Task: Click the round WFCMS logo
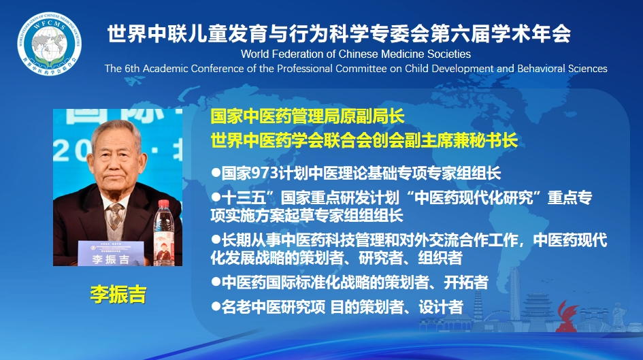[x=49, y=44]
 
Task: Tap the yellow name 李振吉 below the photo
[x=118, y=295]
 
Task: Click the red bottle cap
[x=163, y=203]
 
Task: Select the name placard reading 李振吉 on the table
[x=111, y=253]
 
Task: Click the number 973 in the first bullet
[x=265, y=173]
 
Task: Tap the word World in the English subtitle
[x=254, y=54]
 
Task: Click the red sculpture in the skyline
[x=566, y=316]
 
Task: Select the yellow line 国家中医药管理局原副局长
[x=307, y=116]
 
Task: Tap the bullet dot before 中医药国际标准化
[x=216, y=282]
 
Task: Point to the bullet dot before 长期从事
[x=216, y=239]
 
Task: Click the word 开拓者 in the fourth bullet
[x=466, y=282]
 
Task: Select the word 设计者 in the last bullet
[x=441, y=307]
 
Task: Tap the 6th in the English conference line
[x=132, y=69]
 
